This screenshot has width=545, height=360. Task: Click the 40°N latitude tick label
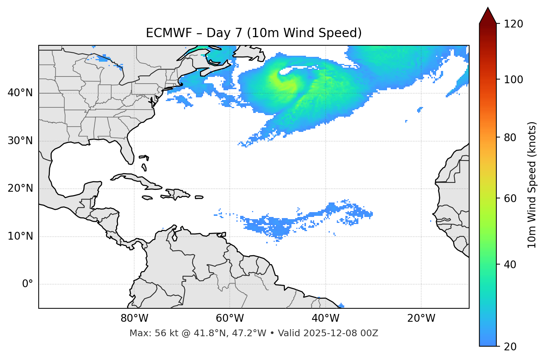20,93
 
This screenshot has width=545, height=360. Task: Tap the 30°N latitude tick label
20,141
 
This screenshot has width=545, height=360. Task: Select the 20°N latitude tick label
20,188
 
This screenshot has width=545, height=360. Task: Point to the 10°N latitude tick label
20,236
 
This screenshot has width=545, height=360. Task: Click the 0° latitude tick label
28,284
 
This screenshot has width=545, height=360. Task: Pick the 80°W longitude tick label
134,318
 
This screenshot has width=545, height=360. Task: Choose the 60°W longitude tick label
230,318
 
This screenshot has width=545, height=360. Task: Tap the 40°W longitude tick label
326,318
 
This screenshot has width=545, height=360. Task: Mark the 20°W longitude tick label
421,318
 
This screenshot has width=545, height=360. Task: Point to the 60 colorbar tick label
511,198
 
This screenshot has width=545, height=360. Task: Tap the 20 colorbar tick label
511,347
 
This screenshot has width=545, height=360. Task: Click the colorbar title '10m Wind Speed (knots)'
532,185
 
